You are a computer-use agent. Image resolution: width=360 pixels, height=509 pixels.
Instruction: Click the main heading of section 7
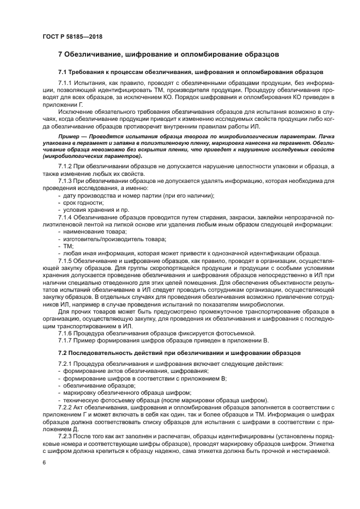pyautogui.click(x=168, y=54)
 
